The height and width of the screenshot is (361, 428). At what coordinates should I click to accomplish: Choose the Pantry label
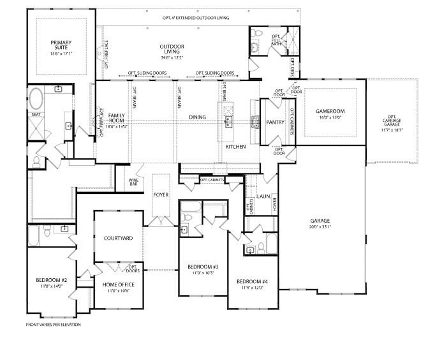[275, 122]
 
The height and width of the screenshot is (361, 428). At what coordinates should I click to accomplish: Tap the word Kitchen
[235, 147]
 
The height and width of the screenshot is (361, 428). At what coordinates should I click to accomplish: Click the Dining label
[197, 117]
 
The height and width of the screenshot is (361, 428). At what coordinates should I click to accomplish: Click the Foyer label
[161, 195]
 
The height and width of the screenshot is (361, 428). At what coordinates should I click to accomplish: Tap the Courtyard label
[118, 238]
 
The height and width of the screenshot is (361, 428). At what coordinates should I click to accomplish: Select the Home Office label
[119, 288]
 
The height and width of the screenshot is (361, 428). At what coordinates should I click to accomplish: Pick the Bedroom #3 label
[203, 269]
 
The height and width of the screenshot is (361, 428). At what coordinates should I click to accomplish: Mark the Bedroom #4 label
[253, 284]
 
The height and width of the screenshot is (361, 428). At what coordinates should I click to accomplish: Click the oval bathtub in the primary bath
[35, 99]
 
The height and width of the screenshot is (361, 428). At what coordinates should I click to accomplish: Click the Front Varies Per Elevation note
[54, 325]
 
